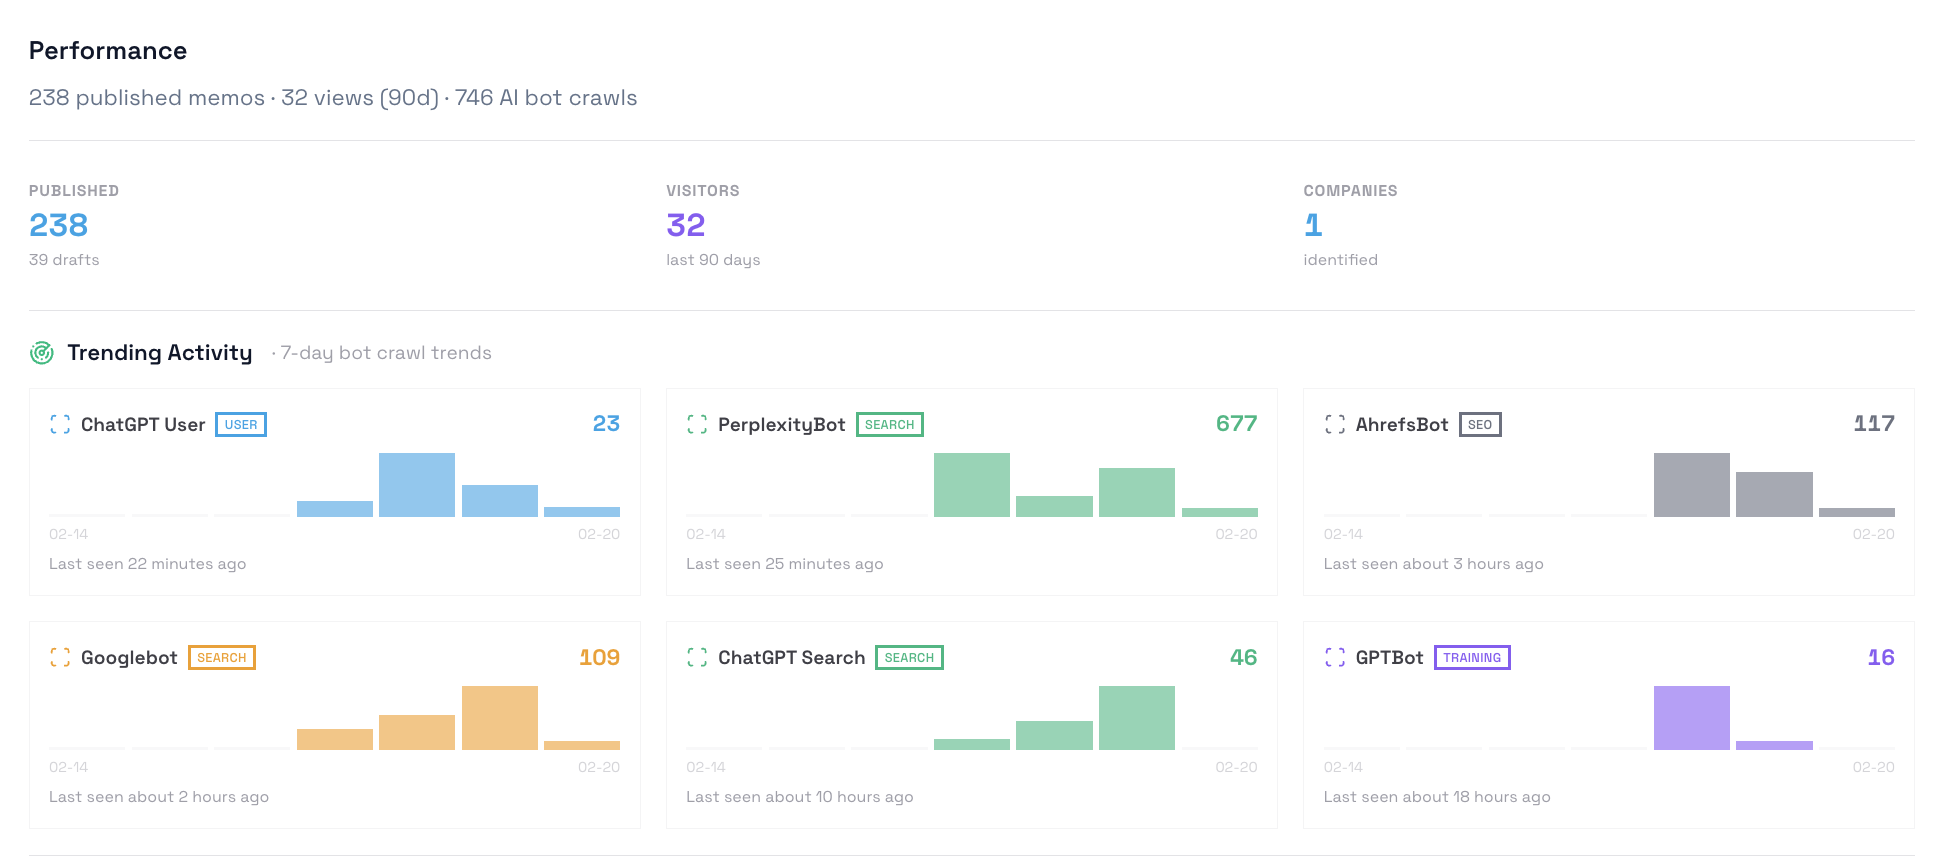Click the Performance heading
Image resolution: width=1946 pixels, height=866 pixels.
tap(108, 51)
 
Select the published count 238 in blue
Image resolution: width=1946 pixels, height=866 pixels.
tap(59, 225)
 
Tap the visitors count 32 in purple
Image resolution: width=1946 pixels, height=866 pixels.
tap(686, 225)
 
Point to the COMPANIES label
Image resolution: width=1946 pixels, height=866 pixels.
tap(1350, 191)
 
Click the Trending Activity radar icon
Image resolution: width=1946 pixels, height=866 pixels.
tap(42, 353)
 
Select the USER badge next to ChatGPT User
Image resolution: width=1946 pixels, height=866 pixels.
tap(241, 425)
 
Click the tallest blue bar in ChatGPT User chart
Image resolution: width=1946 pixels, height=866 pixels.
tap(417, 485)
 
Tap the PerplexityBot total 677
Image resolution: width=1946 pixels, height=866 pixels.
tap(1236, 424)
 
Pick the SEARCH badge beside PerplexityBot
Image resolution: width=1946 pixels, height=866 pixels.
tap(889, 425)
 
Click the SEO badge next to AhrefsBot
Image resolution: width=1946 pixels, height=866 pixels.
tap(1480, 425)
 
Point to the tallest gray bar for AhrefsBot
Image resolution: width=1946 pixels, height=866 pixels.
tap(1691, 485)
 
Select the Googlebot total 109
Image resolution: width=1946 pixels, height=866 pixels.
tap(599, 658)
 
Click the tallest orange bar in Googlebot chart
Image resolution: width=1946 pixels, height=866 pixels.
tap(500, 718)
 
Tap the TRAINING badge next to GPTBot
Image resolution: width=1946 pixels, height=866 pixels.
tap(1472, 658)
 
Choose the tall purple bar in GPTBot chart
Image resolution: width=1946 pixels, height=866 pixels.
tap(1691, 718)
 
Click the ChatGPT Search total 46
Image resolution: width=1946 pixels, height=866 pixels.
tap(1243, 658)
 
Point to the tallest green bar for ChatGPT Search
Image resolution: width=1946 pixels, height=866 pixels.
tap(1136, 718)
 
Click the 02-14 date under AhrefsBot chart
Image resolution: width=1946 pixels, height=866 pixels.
tap(1343, 534)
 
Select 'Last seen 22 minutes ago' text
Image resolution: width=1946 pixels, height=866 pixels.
tap(148, 564)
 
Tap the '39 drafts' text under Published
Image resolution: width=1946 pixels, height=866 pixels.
tap(64, 260)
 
